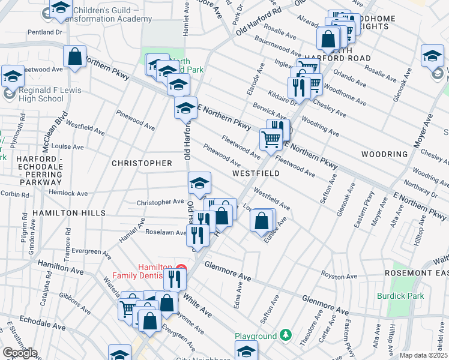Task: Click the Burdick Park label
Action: click(x=400, y=296)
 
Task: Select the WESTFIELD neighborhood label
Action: click(x=256, y=173)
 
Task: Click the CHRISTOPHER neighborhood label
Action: click(x=142, y=163)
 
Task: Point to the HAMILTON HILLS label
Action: click(x=69, y=213)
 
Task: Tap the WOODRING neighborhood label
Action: click(x=384, y=154)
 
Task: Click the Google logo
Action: click(x=20, y=353)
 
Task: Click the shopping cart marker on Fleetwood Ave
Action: click(x=271, y=139)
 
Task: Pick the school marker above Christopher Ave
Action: click(x=200, y=182)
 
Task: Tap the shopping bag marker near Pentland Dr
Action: click(x=75, y=57)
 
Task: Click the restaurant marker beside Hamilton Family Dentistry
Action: click(x=175, y=278)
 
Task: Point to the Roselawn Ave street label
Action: click(x=170, y=233)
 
